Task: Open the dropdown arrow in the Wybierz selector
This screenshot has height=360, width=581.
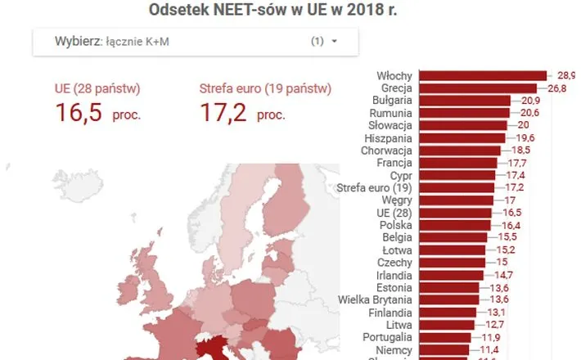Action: pyautogui.click(x=334, y=41)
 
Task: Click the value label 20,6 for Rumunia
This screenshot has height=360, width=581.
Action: pyautogui.click(x=525, y=113)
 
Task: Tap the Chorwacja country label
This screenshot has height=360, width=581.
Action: pyautogui.click(x=389, y=151)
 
